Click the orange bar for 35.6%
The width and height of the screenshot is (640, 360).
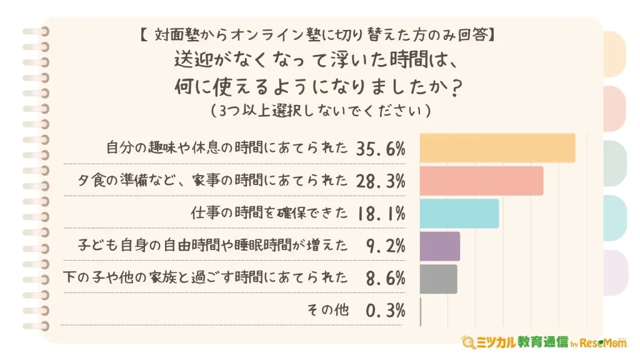497,148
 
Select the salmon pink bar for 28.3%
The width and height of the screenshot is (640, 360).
481,181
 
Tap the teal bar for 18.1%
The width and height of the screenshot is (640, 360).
459,214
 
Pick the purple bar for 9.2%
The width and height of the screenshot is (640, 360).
440,246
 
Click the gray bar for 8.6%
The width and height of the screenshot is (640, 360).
439,279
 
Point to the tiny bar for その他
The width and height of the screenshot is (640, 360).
421,311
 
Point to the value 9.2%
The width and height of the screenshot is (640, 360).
386,246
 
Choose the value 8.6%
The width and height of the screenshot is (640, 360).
386,279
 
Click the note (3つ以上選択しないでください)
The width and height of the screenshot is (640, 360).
319,111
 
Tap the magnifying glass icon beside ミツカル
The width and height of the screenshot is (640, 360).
467,342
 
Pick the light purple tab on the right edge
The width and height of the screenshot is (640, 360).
615,272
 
